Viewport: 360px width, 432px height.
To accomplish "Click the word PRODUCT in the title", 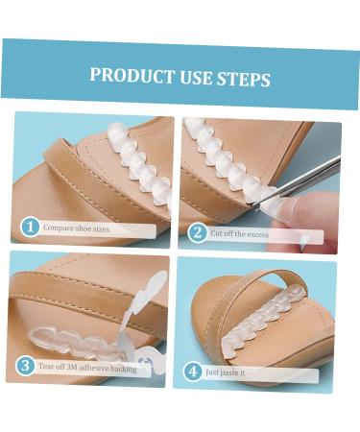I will (x=128, y=77).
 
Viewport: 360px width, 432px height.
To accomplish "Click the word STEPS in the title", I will (x=244, y=78).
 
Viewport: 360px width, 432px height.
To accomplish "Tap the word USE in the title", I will (x=191, y=78).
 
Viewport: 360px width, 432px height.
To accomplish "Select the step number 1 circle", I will (x=29, y=228).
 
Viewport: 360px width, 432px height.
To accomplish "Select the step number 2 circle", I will (x=197, y=231).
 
